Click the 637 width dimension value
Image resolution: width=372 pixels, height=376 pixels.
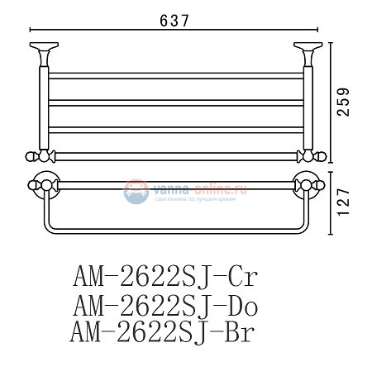pos(176,22)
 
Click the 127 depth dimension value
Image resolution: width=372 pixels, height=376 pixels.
pos(351,200)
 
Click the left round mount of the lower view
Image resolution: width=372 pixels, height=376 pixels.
pos(41,185)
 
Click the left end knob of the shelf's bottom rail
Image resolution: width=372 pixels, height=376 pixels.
pos(36,157)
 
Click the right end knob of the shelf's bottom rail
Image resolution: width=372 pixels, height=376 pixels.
pos(316,157)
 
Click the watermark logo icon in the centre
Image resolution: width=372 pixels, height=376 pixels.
pos(136,192)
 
